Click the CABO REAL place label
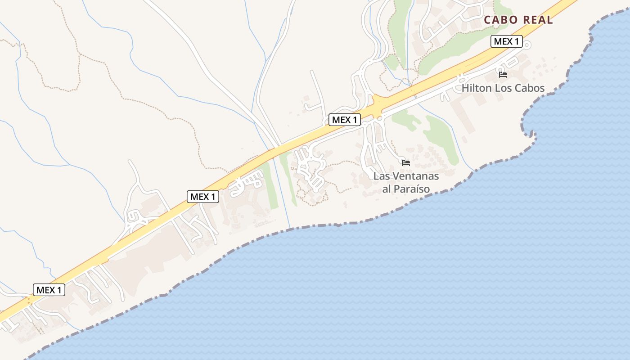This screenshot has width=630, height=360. [x=518, y=20]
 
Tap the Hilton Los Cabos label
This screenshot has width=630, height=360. [x=503, y=88]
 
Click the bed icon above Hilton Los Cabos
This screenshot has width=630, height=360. [x=503, y=75]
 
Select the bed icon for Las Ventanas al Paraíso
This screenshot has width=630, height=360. [x=406, y=163]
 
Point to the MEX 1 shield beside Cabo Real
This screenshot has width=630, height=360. [x=506, y=42]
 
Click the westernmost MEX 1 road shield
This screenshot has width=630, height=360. [x=49, y=290]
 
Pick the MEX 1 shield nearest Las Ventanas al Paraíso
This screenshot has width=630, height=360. [x=345, y=120]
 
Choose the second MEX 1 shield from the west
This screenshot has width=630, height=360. [x=203, y=197]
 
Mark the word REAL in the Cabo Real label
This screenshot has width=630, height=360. [x=537, y=20]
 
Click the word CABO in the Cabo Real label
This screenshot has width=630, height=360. [x=500, y=20]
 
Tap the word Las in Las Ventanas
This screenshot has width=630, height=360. [x=381, y=176]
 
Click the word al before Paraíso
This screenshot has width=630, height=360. [x=387, y=189]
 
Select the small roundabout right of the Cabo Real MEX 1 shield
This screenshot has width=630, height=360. [x=527, y=45]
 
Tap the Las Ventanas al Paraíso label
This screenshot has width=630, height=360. [x=406, y=182]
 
